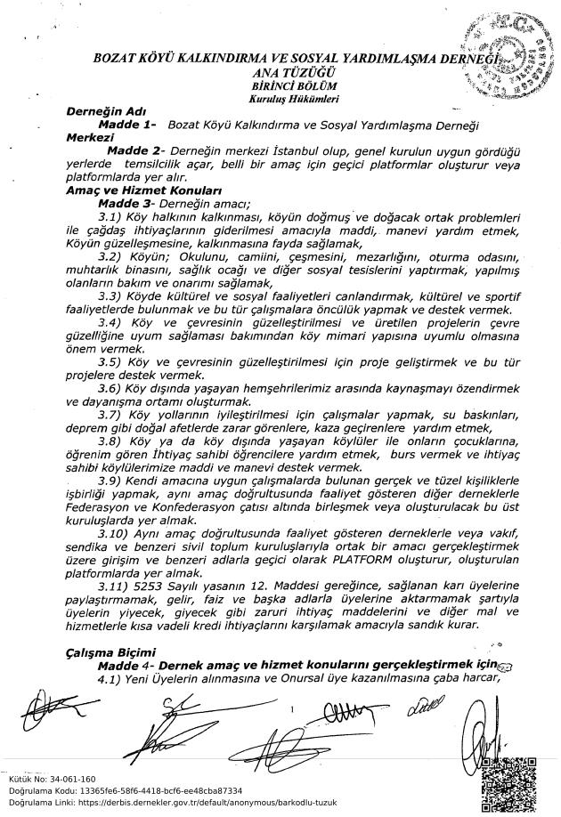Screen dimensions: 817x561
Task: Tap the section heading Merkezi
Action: click(x=90, y=139)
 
